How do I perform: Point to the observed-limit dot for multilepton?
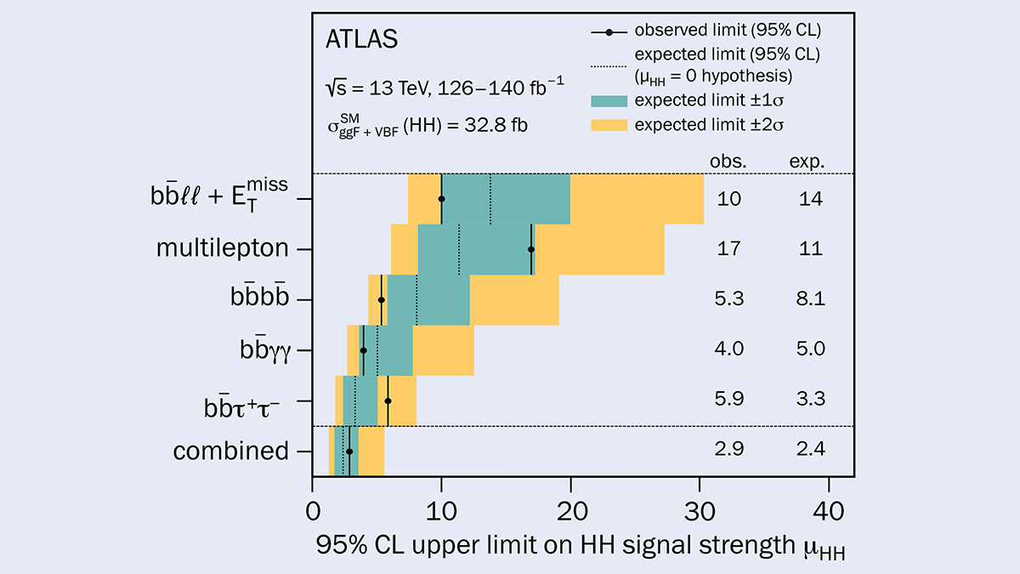point(531,249)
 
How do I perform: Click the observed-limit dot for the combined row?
point(349,451)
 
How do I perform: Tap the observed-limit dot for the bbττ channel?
point(388,401)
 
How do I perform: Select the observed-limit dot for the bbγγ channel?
point(364,350)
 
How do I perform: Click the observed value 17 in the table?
point(729,249)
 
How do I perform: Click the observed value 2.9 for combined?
point(729,450)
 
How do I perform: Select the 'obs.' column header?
point(729,162)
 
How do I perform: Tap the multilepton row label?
point(223,249)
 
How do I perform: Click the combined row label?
point(231,450)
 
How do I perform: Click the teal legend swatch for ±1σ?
point(609,100)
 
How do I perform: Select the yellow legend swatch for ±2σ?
point(609,125)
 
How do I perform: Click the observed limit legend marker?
point(609,31)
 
